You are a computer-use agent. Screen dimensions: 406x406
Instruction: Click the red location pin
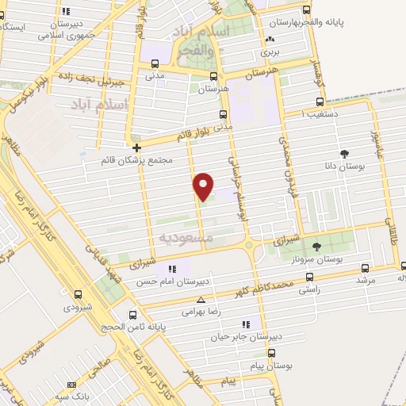(204, 185)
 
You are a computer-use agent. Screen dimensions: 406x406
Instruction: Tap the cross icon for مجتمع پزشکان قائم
(137, 147)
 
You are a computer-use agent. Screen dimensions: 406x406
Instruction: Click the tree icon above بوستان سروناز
(317, 247)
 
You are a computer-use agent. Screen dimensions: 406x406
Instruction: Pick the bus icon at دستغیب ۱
(320, 101)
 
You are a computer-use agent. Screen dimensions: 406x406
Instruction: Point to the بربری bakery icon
(271, 39)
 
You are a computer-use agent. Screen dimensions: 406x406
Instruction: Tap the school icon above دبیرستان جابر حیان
(247, 324)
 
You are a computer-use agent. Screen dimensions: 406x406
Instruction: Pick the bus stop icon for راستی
(308, 277)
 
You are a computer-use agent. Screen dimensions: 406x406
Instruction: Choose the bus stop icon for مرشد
(365, 269)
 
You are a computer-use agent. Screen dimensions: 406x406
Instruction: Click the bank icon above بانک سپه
(72, 385)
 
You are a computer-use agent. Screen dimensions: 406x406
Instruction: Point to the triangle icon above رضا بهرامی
(201, 301)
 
